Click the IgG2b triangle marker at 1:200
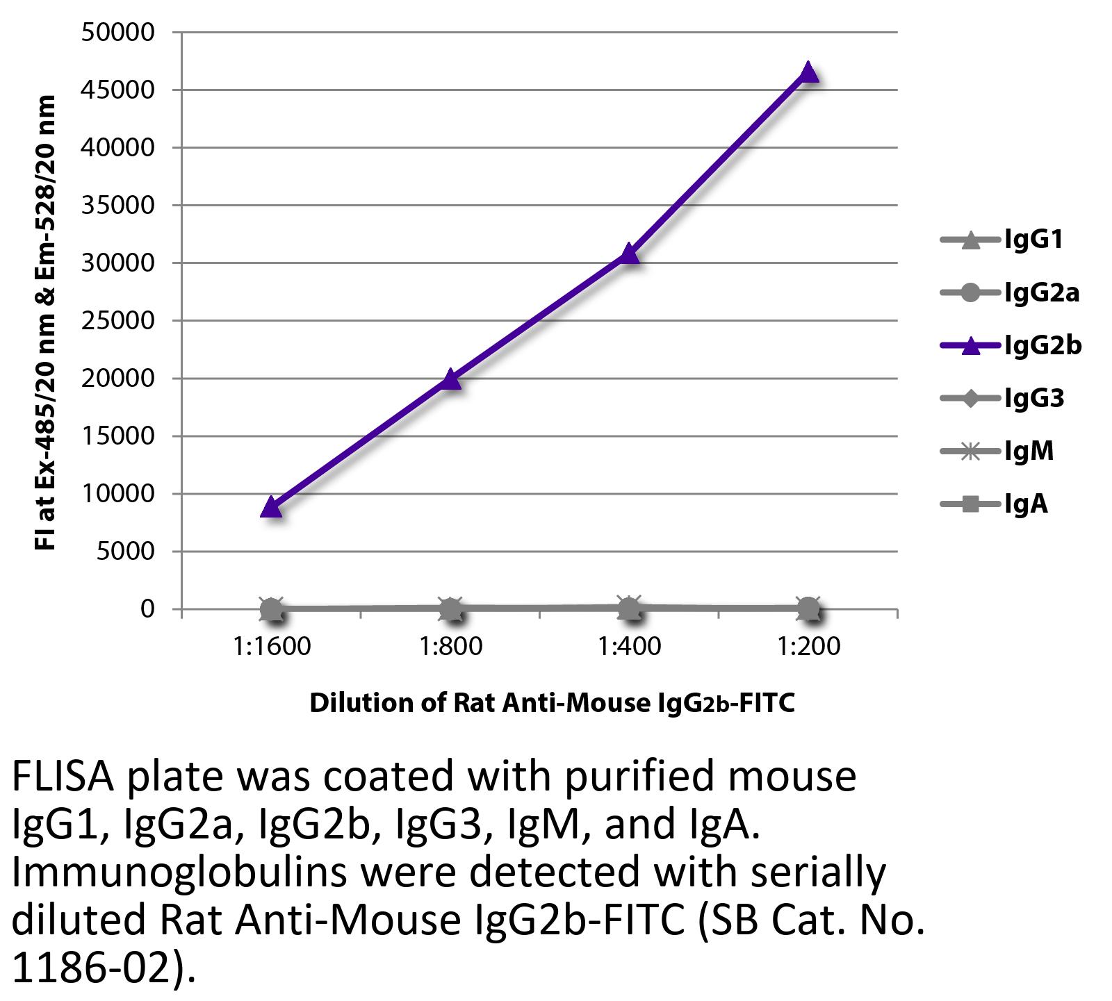click(808, 72)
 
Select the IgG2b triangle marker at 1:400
click(629, 254)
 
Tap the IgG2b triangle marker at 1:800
click(450, 379)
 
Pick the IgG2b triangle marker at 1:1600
click(271, 506)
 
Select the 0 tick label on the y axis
click(147, 609)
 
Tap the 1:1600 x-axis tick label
click(272, 647)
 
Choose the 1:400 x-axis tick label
click(630, 647)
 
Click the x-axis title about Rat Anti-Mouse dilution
click(552, 703)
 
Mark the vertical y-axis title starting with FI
click(44, 324)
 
